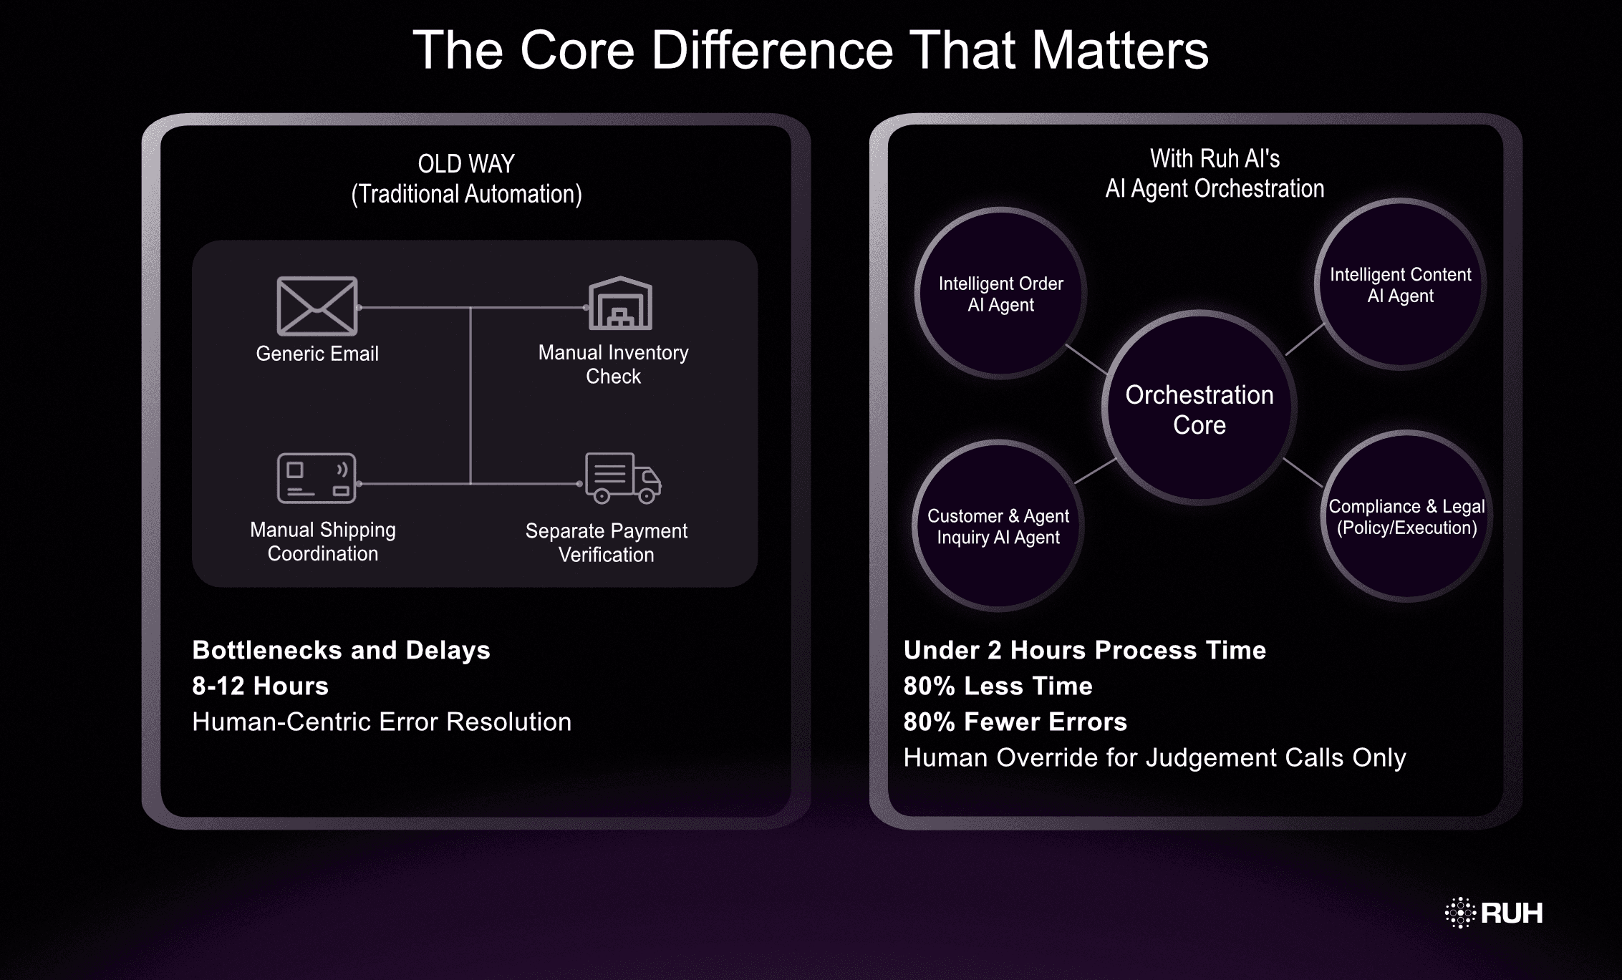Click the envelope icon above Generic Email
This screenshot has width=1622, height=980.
click(x=317, y=306)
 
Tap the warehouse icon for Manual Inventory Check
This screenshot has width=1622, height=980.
click(x=620, y=304)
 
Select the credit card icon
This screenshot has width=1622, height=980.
click(x=317, y=478)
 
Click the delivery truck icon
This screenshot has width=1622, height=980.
click(x=622, y=477)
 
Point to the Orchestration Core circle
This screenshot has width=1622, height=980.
click(x=1199, y=409)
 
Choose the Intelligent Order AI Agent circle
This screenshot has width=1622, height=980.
click(x=1000, y=293)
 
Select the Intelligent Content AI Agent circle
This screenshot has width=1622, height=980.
click(x=1400, y=285)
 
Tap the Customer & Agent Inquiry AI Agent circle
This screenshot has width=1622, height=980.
click(x=998, y=526)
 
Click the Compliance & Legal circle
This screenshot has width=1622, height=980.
click(x=1406, y=517)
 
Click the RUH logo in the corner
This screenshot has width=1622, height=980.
click(x=1494, y=913)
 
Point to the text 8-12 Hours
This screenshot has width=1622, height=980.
click(x=260, y=686)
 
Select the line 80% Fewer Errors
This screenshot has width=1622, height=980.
click(x=1015, y=722)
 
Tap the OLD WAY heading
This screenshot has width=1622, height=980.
click(x=466, y=164)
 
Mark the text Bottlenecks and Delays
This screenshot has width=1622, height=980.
click(x=341, y=650)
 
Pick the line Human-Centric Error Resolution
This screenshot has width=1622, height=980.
click(x=382, y=722)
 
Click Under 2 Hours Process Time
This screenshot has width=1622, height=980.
click(x=1084, y=650)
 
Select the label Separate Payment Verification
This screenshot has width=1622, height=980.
click(x=606, y=543)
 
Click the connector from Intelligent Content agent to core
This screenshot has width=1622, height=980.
click(x=1305, y=340)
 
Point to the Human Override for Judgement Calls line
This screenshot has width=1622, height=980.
click(x=1154, y=757)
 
